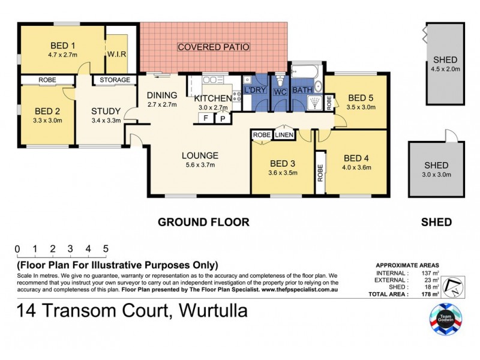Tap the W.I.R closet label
(116, 54)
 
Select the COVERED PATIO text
(213, 47)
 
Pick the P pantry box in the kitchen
(221, 118)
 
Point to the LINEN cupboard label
(284, 135)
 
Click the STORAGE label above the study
(115, 80)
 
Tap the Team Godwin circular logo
(445, 318)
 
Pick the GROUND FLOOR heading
(203, 222)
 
